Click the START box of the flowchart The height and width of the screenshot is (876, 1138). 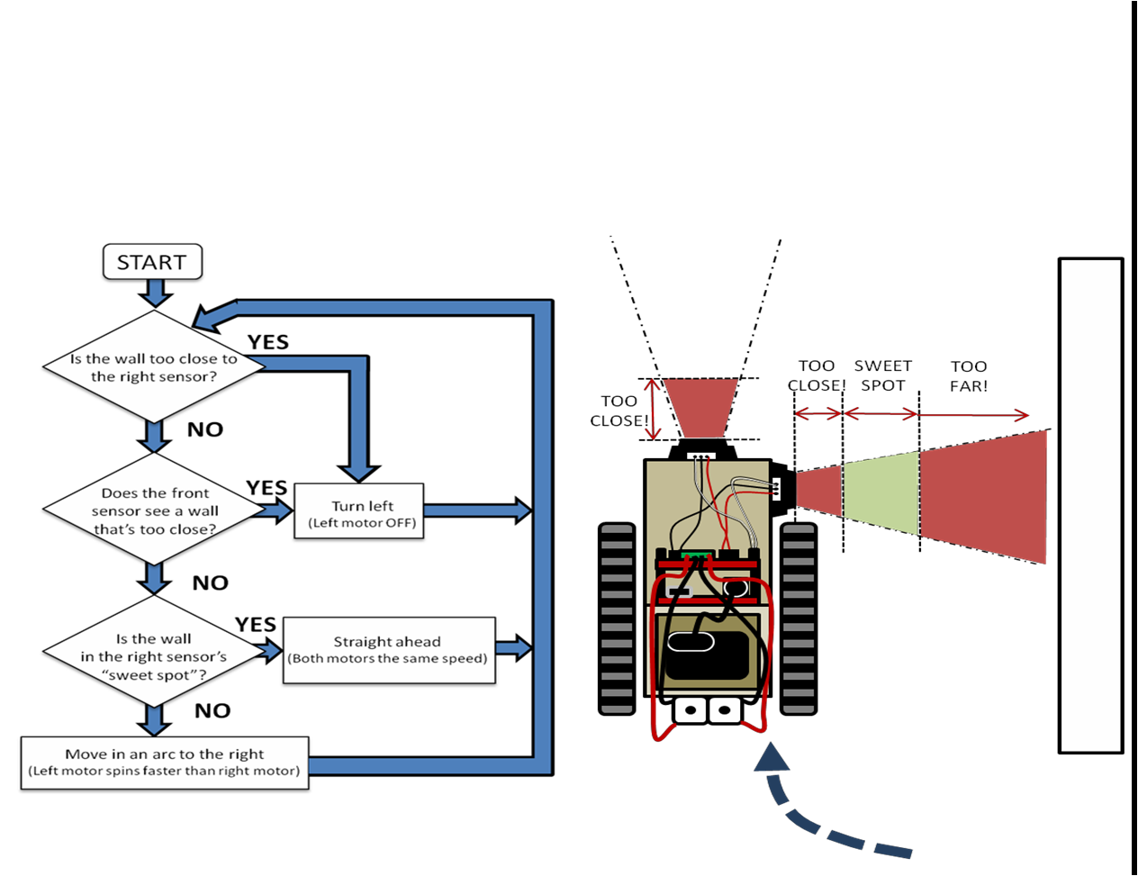[x=151, y=263]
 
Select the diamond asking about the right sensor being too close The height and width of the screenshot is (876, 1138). [x=154, y=367]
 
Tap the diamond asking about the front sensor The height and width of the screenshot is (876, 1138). [x=155, y=510]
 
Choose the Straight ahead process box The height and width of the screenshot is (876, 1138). [x=387, y=650]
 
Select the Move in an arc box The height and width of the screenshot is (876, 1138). [x=164, y=762]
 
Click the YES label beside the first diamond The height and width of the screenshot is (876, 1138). [x=268, y=343]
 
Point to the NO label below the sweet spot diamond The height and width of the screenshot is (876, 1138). [x=212, y=711]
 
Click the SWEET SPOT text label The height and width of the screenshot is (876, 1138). [x=882, y=375]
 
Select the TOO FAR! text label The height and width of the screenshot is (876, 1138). [x=969, y=375]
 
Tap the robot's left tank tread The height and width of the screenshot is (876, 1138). [x=617, y=619]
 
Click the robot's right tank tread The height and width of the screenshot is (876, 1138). [x=798, y=619]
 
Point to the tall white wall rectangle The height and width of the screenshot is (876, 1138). [x=1090, y=505]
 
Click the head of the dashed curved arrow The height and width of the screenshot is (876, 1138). [x=771, y=758]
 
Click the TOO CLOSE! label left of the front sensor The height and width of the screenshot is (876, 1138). [x=619, y=411]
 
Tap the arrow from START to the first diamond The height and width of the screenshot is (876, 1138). [x=155, y=294]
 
